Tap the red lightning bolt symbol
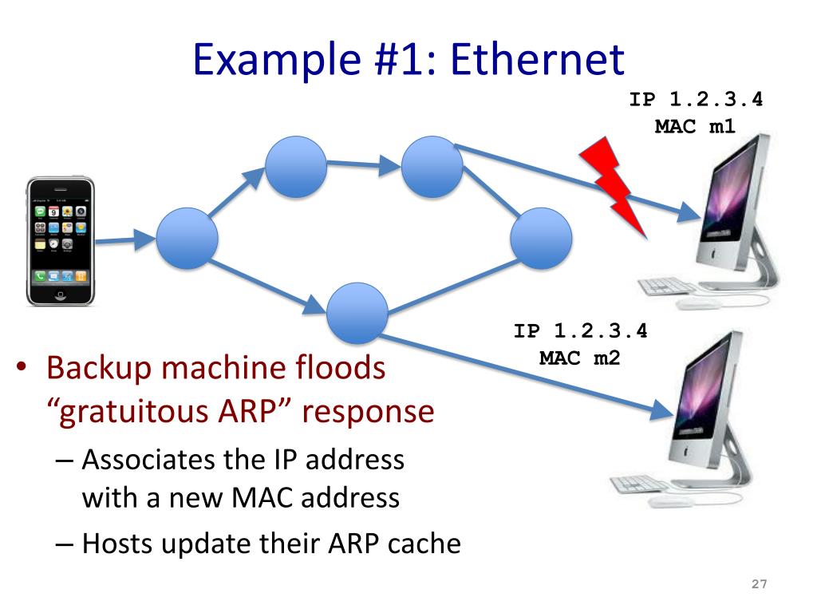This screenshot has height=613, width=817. point(614,184)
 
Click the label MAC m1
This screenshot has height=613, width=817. point(695,125)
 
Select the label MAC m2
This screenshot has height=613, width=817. point(579,357)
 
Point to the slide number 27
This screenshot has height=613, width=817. point(759,585)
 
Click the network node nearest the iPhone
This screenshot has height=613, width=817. point(187,238)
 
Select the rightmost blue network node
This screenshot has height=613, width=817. point(541,238)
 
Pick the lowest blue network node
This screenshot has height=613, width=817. point(357,313)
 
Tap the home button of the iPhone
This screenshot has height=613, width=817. point(61,297)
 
